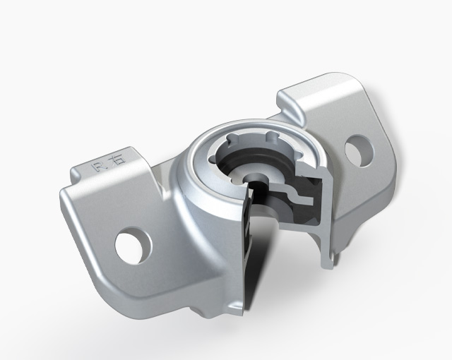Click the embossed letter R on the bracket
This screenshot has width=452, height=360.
99,167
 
